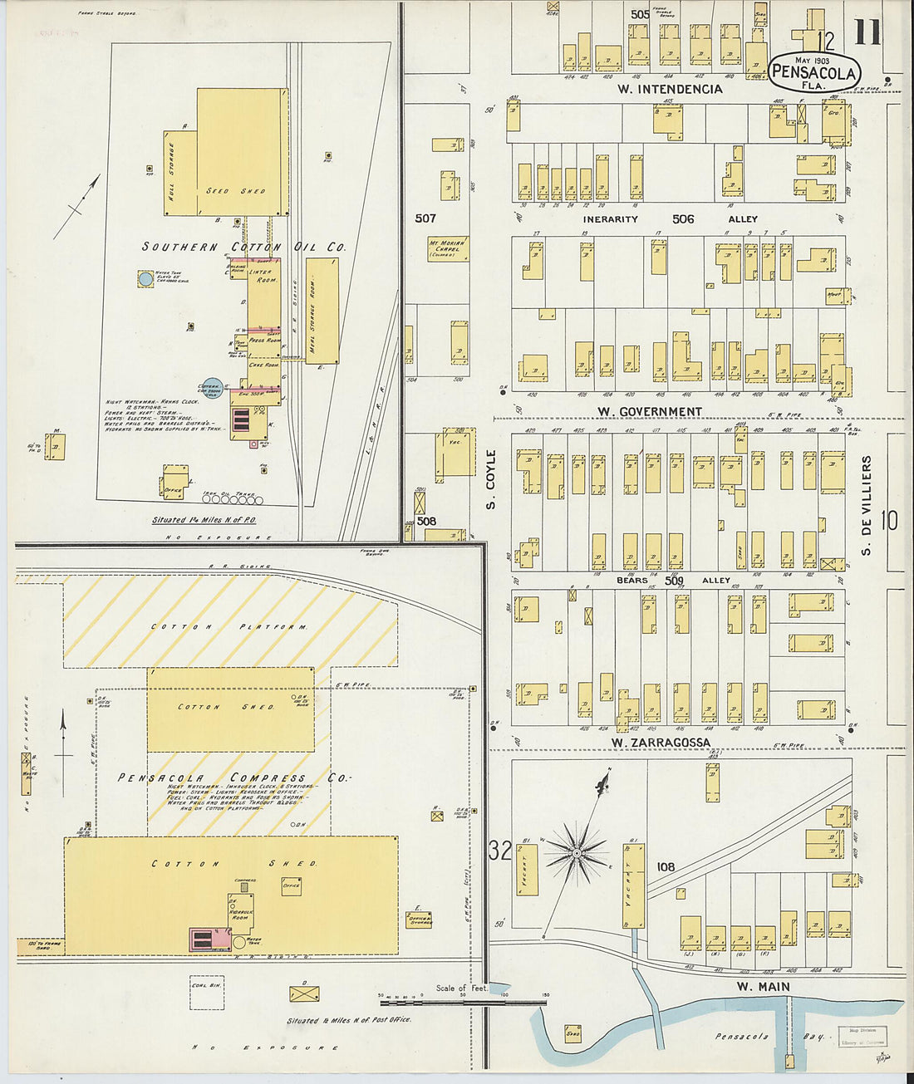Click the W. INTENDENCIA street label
(x=670, y=89)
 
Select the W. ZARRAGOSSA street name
(x=661, y=743)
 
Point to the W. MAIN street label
(x=763, y=987)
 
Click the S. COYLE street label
(x=490, y=480)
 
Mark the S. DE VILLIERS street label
(x=866, y=505)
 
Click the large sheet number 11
(x=867, y=32)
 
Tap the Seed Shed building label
(x=236, y=191)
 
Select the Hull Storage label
(x=171, y=173)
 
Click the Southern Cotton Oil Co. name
(x=243, y=247)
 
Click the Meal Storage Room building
(x=322, y=311)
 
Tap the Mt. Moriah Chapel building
(x=448, y=248)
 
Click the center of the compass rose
(x=577, y=853)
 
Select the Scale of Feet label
(x=461, y=988)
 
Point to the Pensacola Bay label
(x=742, y=1037)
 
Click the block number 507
(x=425, y=218)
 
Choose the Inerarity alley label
(x=610, y=219)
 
